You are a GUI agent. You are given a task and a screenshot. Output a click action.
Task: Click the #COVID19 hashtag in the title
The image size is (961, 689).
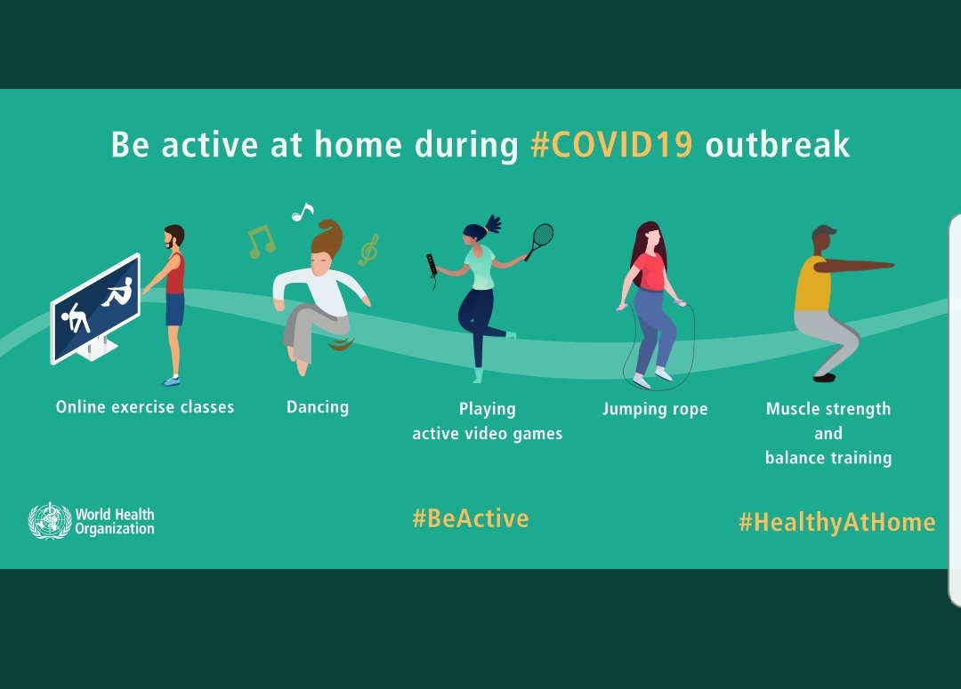click(611, 145)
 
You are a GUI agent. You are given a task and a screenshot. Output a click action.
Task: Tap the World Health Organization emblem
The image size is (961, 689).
click(50, 521)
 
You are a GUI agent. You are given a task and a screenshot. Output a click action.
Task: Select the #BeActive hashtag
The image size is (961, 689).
click(470, 518)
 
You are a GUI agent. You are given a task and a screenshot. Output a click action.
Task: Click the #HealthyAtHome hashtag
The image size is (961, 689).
click(837, 522)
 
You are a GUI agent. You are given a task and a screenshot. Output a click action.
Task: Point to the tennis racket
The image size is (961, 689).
click(540, 240)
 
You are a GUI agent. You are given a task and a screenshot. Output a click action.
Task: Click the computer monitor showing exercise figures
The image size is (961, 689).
click(95, 308)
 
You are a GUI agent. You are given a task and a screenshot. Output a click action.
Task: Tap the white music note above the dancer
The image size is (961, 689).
click(303, 212)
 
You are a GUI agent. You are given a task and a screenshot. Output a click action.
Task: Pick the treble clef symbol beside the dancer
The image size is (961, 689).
click(369, 250)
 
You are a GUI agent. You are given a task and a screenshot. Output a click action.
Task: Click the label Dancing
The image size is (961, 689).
click(318, 407)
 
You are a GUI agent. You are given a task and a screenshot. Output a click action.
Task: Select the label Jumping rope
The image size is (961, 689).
click(655, 409)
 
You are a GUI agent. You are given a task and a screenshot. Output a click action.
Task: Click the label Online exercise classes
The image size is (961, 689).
click(145, 406)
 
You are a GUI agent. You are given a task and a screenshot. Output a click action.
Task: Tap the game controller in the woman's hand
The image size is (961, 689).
click(432, 268)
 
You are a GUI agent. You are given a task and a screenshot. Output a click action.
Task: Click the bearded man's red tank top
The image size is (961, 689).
click(175, 274)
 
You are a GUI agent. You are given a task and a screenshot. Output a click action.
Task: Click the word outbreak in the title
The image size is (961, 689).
click(777, 145)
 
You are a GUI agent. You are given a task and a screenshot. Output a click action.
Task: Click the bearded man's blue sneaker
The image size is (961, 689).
click(172, 381)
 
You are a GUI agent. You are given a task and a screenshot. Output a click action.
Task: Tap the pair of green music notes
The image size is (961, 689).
click(262, 241)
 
